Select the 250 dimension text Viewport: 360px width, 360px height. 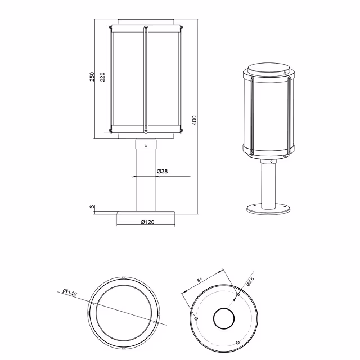tap(92, 77)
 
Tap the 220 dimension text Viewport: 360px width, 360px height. tap(103, 77)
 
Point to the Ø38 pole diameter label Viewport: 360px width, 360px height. tap(163, 170)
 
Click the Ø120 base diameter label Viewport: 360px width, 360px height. tap(147, 222)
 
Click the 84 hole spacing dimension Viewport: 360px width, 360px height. tap(201, 277)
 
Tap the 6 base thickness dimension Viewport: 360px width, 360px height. tap(92, 207)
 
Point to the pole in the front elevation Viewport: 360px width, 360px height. tap(146, 180)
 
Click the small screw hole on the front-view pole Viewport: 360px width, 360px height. tap(146, 146)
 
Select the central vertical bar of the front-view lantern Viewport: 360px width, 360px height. tap(146, 79)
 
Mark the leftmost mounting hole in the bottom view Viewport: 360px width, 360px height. tap(196, 318)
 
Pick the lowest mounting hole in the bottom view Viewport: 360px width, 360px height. tap(237, 343)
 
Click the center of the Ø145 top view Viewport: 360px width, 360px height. tap(125, 312)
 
